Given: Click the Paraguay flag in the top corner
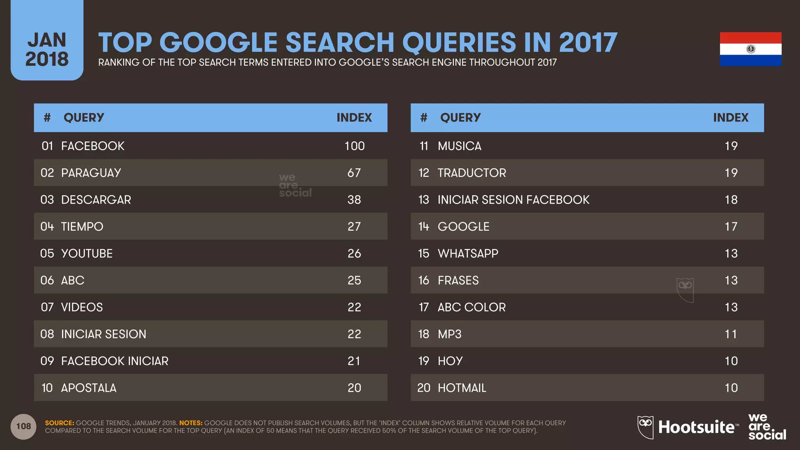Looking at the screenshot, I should click(x=750, y=49).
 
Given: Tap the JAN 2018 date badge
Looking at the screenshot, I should click(x=47, y=49).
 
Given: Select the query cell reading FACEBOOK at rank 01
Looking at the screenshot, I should click(x=93, y=146).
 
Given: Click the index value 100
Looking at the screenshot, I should click(x=354, y=146).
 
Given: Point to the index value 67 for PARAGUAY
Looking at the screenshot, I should click(x=354, y=173).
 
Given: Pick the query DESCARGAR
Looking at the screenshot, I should click(x=96, y=200).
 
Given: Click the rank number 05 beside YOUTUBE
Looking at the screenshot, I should click(x=47, y=254).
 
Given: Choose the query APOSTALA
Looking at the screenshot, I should click(x=89, y=388).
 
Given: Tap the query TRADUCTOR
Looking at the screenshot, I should click(x=471, y=173).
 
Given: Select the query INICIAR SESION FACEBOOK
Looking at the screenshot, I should click(x=513, y=200).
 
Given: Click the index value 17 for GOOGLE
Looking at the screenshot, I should click(x=731, y=227).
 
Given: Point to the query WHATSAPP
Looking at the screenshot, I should click(x=468, y=254).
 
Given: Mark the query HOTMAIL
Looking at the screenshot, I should click(x=462, y=388).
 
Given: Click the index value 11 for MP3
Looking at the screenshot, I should click(x=731, y=334).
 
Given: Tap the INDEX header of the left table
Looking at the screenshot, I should click(x=354, y=118).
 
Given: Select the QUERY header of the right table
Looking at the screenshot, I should click(x=460, y=118).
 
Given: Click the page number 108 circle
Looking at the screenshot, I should click(x=23, y=427).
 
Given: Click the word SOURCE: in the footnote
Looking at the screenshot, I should click(x=59, y=423).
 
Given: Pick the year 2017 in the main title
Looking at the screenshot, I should click(x=588, y=42).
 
